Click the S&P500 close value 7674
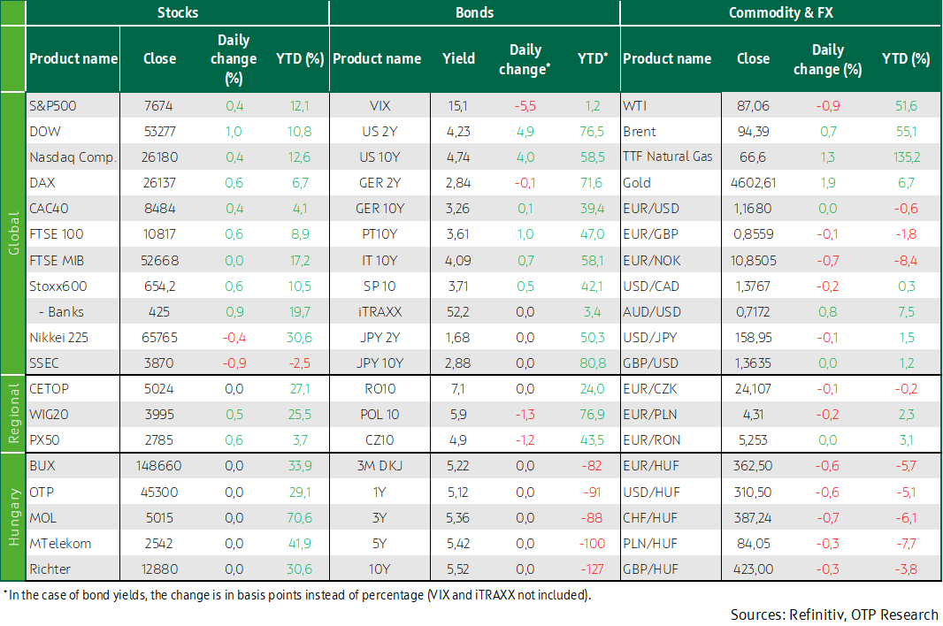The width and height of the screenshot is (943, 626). (x=158, y=106)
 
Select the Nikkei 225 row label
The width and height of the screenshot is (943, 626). (x=59, y=338)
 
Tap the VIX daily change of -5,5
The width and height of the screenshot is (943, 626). (x=525, y=106)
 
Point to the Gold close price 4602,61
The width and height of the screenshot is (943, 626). (x=753, y=183)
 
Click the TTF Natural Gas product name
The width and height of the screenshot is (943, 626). (x=668, y=157)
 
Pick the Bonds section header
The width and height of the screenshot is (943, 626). (x=474, y=12)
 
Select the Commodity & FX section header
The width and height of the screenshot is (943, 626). (x=780, y=12)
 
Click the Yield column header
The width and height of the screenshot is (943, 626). (x=458, y=58)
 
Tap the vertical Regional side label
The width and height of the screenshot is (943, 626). (x=13, y=414)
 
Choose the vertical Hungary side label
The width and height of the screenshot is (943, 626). (x=13, y=517)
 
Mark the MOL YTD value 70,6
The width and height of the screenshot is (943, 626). (x=300, y=518)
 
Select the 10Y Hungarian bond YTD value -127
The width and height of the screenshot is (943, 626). (x=593, y=569)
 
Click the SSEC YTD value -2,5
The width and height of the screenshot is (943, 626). (x=300, y=363)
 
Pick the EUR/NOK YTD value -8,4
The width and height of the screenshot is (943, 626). (x=906, y=261)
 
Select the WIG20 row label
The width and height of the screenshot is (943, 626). (x=49, y=415)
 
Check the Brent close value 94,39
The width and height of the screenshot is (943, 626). (x=753, y=132)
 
